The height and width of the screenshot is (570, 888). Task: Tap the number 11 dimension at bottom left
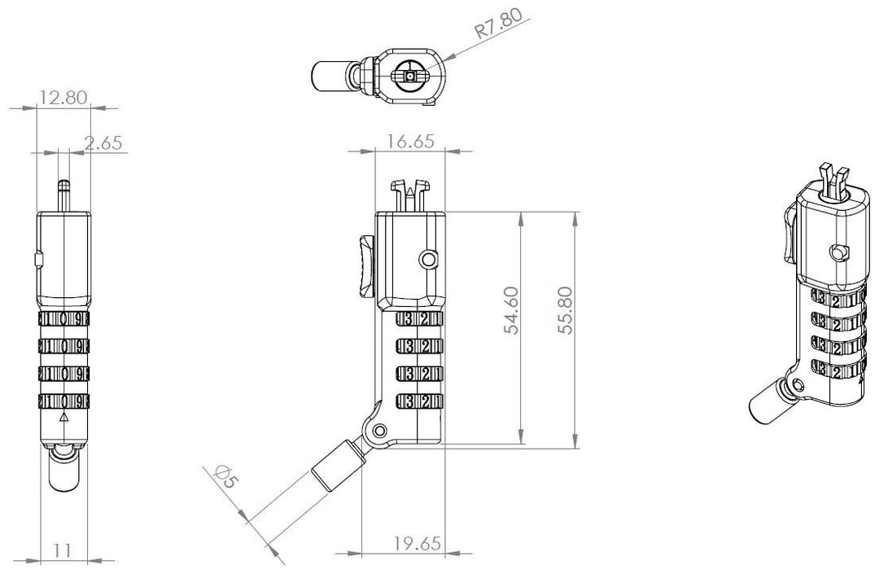click(62, 550)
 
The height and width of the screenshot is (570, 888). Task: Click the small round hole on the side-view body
click(429, 260)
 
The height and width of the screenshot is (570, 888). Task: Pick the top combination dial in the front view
click(64, 319)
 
